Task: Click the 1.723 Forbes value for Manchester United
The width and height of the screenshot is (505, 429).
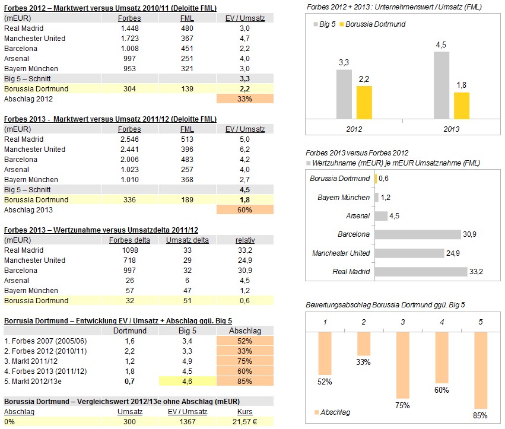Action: [129, 38]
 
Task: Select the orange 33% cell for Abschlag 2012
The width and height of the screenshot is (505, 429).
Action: [245, 98]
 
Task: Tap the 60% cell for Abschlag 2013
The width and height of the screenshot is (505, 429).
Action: [245, 209]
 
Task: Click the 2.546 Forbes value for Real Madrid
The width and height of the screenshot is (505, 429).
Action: [129, 139]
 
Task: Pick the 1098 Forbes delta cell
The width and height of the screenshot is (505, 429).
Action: [129, 250]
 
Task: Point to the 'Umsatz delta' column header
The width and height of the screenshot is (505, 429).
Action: [187, 240]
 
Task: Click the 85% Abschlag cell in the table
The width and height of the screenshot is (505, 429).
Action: [245, 381]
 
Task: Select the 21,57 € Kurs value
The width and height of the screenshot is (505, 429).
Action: [245, 421]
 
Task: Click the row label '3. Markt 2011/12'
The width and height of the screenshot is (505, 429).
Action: [31, 361]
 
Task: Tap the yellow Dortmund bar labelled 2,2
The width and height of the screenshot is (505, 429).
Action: [364, 103]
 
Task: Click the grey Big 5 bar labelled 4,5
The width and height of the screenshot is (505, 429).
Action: [442, 85]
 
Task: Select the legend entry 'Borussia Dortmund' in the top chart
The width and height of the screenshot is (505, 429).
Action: [375, 24]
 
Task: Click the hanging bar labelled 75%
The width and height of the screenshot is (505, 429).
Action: [403, 364]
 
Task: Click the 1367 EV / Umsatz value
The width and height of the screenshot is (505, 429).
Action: [187, 421]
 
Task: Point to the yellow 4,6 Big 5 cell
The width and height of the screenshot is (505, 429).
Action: [187, 381]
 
